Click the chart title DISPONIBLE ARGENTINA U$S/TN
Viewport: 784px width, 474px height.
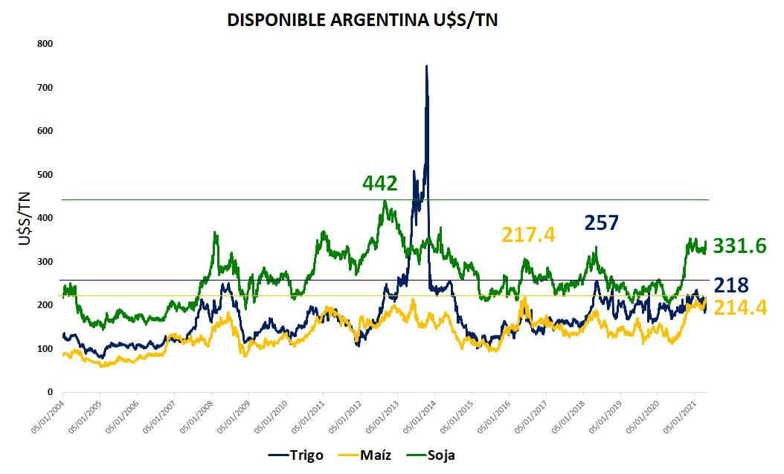point(362,20)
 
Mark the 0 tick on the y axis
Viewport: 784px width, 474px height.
point(49,392)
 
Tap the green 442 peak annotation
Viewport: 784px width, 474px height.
point(380,183)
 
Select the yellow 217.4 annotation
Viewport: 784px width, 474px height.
point(528,235)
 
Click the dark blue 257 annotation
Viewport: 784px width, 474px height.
point(601,222)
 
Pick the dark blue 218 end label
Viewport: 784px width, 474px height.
point(731,285)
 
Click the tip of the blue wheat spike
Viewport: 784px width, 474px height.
point(426,66)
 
